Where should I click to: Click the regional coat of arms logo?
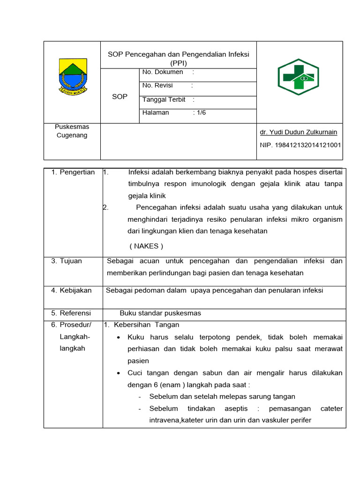(x=72, y=76)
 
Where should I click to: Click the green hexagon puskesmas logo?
(x=298, y=77)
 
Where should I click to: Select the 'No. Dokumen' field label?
(x=163, y=72)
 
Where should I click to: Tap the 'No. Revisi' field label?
(x=157, y=85)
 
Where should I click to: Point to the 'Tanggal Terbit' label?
(x=164, y=99)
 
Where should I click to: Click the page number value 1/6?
(x=200, y=113)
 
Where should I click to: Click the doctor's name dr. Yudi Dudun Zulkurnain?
(x=299, y=132)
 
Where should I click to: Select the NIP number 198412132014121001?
(x=300, y=145)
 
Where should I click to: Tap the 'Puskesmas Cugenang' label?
(x=72, y=131)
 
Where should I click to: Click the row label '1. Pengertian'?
(x=73, y=172)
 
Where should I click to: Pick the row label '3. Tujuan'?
(x=67, y=261)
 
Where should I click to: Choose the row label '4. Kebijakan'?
(x=72, y=290)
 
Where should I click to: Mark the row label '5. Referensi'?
(x=71, y=313)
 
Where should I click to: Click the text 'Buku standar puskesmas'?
(x=160, y=313)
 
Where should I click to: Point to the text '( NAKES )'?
(x=146, y=246)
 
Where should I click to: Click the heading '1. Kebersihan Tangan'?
(x=141, y=324)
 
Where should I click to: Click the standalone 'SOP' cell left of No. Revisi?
(x=120, y=97)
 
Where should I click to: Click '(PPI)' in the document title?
(x=178, y=63)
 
